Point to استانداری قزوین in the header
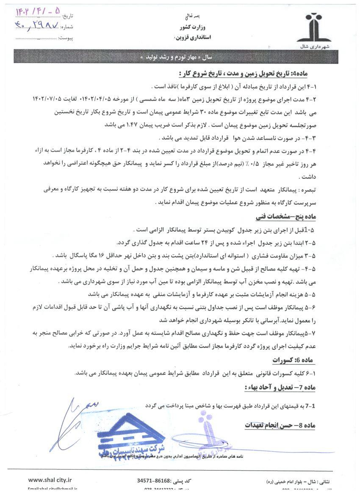tap(190, 38)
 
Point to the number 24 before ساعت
tap(180, 243)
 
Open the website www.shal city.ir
tap(50, 480)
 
